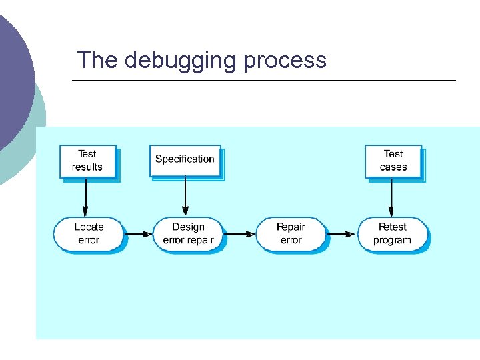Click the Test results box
click(87, 161)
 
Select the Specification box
click(185, 159)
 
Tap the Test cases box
click(393, 161)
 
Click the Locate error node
click(89, 233)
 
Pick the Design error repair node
click(189, 233)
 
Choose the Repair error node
click(291, 233)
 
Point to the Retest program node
click(392, 233)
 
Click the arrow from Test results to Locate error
click(87, 197)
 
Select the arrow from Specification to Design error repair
click(185, 197)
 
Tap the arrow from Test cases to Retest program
click(391, 197)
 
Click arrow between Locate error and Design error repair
click(139, 234)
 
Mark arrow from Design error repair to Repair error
click(241, 234)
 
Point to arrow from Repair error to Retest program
click(341, 234)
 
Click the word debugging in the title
click(180, 61)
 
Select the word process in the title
click(285, 61)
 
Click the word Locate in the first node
click(89, 227)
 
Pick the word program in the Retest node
click(392, 240)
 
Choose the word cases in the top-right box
click(393, 167)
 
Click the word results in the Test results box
click(87, 167)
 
